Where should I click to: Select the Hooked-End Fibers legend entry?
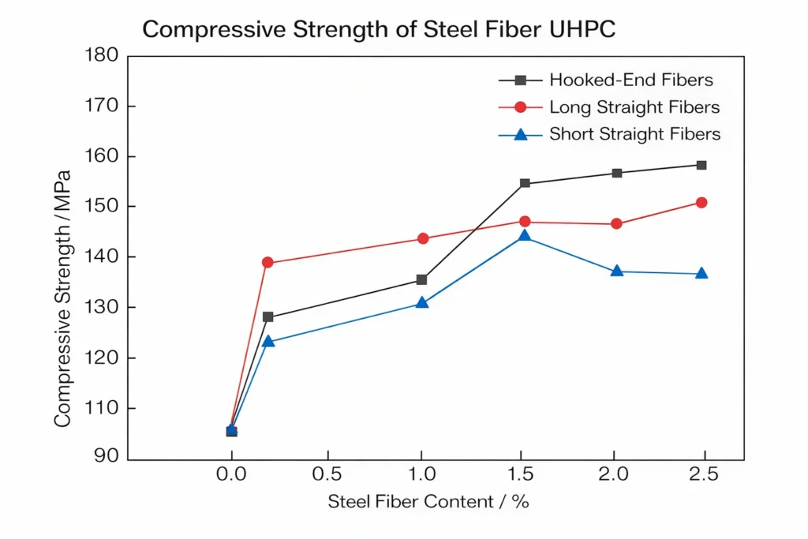coord(630,80)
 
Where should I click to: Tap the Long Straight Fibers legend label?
coord(634,107)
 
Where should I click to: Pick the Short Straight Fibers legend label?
coord(634,134)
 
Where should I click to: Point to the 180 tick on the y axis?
coord(100,55)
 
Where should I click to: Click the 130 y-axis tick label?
coord(100,307)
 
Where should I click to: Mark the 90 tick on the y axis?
coord(106,457)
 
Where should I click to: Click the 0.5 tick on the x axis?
coord(327,475)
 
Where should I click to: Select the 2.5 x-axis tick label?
coord(702,475)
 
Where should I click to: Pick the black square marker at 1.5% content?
coord(525,183)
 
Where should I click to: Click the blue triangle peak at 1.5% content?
coord(525,236)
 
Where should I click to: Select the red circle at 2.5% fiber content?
coord(701,203)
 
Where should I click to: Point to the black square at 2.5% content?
coord(701,165)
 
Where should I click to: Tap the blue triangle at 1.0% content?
coord(422,302)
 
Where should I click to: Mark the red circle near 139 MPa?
coord(267,263)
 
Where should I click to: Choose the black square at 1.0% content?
coord(422,279)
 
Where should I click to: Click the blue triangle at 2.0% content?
coord(617,271)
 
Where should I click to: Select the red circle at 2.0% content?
coord(617,224)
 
